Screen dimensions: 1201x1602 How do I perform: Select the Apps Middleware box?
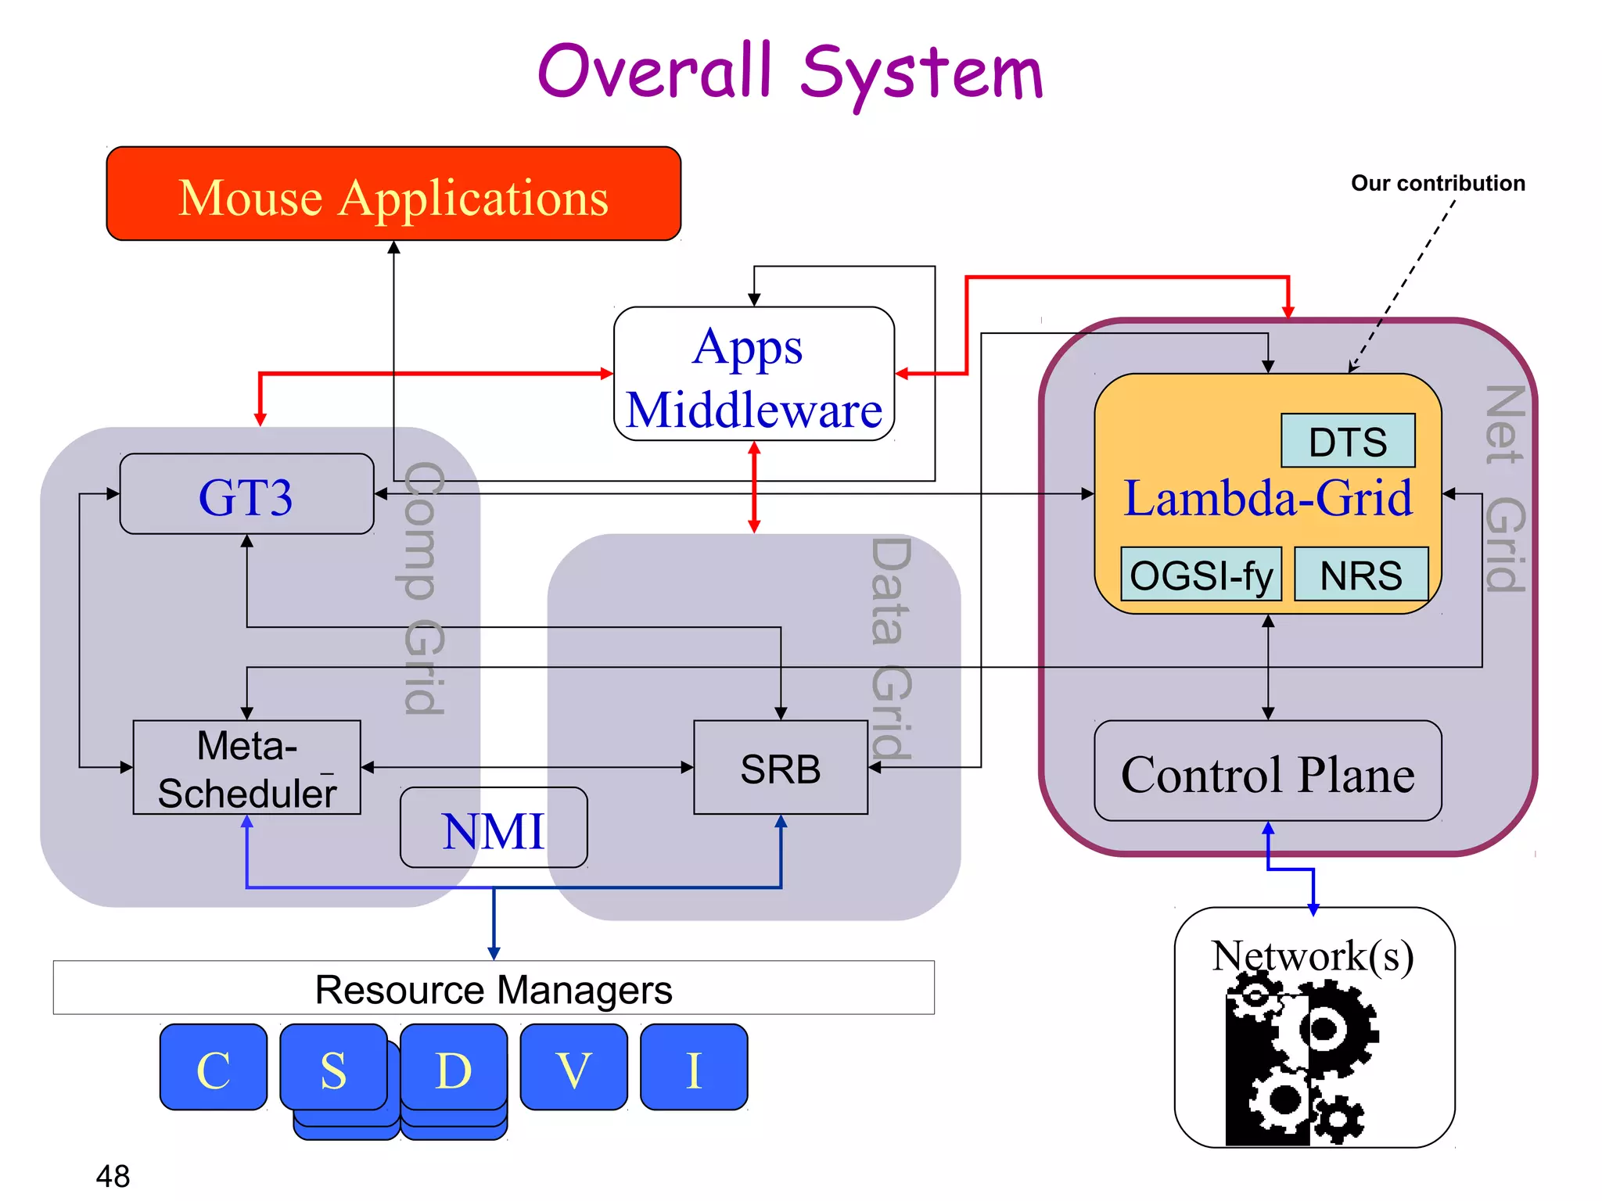[x=753, y=375]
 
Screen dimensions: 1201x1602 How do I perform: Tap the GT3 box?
[x=246, y=495]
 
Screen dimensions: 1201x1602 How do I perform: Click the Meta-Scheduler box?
[x=246, y=768]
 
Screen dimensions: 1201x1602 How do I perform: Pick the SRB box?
[x=780, y=768]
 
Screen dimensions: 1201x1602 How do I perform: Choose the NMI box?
[x=493, y=829]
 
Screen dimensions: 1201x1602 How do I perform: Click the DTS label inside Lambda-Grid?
[x=1347, y=441]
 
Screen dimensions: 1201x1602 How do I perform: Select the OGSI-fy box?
[x=1201, y=575]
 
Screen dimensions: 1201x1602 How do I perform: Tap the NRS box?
[x=1361, y=575]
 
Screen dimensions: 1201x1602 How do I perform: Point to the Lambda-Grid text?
[x=1267, y=498]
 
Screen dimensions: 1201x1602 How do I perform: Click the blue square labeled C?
[x=214, y=1068]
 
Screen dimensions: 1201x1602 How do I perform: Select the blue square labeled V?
[x=573, y=1068]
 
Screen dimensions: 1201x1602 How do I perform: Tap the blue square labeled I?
[x=694, y=1068]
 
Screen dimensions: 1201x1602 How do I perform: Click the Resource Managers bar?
[x=493, y=988]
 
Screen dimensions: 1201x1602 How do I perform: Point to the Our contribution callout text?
[x=1438, y=183]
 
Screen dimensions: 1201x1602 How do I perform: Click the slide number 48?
[x=113, y=1175]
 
